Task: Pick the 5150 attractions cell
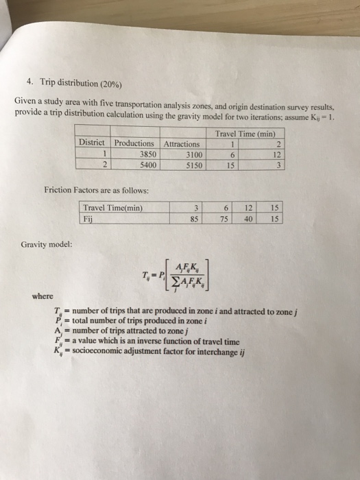coord(189,165)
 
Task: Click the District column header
coord(91,144)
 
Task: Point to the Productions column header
coord(135,144)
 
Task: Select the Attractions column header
coord(182,144)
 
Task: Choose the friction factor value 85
coord(195,219)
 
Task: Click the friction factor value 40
coord(248,219)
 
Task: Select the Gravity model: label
coord(45,243)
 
